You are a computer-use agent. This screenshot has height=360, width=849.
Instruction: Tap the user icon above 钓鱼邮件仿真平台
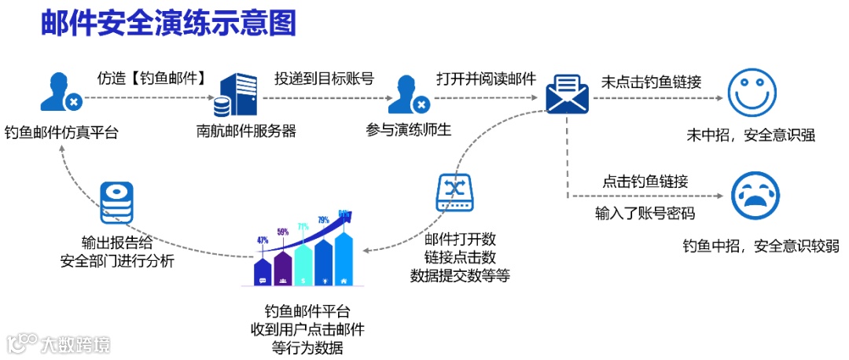60,91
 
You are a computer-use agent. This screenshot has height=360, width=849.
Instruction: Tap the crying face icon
755,195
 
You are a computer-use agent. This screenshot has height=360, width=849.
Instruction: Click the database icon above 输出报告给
116,203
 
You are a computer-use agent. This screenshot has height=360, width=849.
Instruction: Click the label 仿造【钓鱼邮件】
152,79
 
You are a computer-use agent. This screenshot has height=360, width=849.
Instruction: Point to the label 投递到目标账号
323,79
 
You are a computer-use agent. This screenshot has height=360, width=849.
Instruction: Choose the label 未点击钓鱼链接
651,81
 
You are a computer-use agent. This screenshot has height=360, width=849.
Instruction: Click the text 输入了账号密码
645,213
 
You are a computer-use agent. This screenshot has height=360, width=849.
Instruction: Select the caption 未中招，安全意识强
751,135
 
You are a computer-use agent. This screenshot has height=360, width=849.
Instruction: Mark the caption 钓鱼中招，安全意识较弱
760,246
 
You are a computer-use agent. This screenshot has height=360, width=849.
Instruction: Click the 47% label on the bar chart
263,240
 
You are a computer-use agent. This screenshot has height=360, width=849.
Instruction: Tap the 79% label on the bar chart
323,220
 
